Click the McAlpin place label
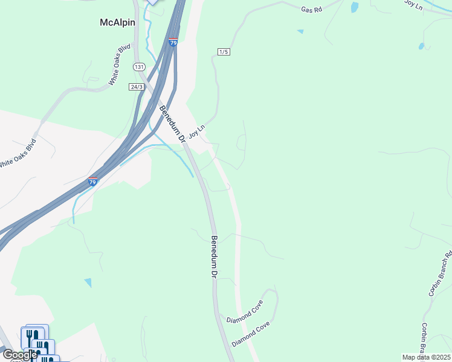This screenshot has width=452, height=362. pyautogui.click(x=117, y=22)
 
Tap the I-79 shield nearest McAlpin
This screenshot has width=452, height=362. pyautogui.click(x=173, y=43)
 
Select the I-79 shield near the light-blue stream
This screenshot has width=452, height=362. pyautogui.click(x=92, y=182)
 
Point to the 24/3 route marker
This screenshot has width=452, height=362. pyautogui.click(x=136, y=87)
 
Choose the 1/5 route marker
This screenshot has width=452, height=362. pyautogui.click(x=224, y=52)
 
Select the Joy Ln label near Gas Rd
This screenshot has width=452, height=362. pyautogui.click(x=415, y=4)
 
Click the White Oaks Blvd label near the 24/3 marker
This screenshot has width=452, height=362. pyautogui.click(x=118, y=72)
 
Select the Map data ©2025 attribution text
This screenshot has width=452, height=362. pyautogui.click(x=426, y=357)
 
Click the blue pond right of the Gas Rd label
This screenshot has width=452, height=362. pyautogui.click(x=354, y=7)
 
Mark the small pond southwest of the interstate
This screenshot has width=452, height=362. pyautogui.click(x=88, y=282)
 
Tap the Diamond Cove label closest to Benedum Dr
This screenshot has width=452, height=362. pyautogui.click(x=245, y=311)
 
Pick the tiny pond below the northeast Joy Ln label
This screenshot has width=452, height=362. pyautogui.click(x=421, y=46)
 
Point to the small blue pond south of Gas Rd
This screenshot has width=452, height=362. pyautogui.click(x=300, y=31)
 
